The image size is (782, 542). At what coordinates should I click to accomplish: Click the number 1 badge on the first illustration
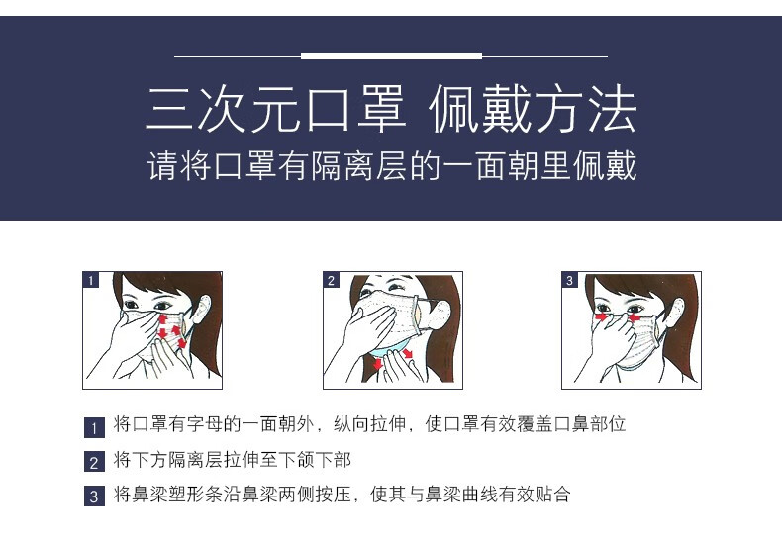tap(91, 280)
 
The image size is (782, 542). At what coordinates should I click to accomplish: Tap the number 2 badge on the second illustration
tap(332, 280)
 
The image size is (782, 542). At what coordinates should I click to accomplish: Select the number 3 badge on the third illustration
tap(569, 280)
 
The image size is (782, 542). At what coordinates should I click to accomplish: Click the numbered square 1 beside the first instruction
tap(94, 427)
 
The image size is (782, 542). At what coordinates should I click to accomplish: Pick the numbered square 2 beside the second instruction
tap(94, 461)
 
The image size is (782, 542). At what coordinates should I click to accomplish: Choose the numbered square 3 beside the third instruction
tap(94, 496)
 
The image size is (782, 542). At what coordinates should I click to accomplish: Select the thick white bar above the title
tap(392, 56)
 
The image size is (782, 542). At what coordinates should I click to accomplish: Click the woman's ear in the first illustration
tap(202, 309)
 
